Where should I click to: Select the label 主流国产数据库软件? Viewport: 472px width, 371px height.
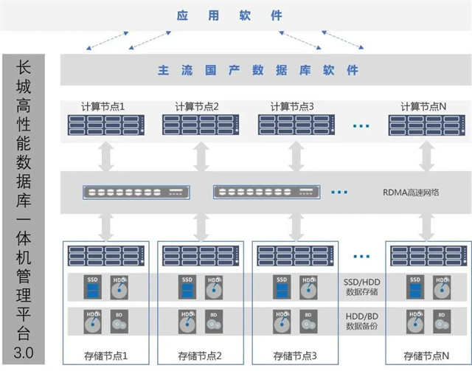pos(258,70)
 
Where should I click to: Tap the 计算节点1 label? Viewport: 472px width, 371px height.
pos(103,106)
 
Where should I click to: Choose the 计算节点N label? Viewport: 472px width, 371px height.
pos(423,106)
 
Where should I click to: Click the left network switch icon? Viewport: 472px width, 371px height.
pos(136,193)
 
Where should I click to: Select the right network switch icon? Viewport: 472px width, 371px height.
pos(264,193)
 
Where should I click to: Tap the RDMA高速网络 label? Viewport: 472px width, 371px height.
pos(412,193)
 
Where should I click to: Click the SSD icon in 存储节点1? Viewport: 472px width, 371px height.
pos(92,288)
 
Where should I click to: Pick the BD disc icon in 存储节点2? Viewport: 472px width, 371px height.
pos(213,322)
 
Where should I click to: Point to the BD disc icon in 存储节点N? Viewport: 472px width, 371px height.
pos(441,322)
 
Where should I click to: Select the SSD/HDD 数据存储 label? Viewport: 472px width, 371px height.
pos(361,287)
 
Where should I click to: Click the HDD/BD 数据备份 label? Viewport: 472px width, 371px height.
pos(361,320)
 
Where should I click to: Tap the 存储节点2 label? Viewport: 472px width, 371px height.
pos(199,355)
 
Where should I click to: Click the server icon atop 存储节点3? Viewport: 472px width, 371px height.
pos(292,255)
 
